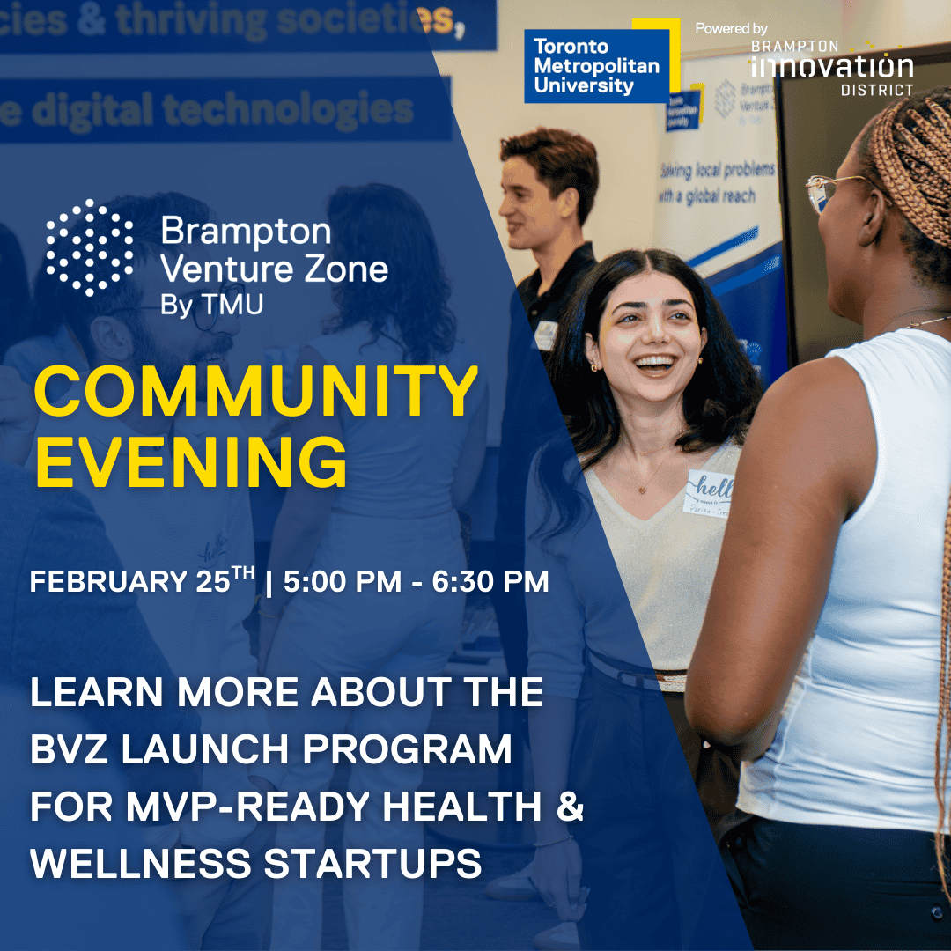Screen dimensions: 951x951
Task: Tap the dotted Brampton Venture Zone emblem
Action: (x=90, y=247)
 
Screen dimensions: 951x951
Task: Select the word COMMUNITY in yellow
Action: (x=255, y=393)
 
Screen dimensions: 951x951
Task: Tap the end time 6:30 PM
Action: (x=490, y=582)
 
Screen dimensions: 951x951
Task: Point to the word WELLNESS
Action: (x=124, y=864)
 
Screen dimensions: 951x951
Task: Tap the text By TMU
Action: (x=211, y=304)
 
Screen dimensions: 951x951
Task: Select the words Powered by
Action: (x=731, y=29)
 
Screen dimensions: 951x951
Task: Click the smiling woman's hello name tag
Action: (x=710, y=494)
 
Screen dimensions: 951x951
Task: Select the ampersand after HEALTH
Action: (x=571, y=807)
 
